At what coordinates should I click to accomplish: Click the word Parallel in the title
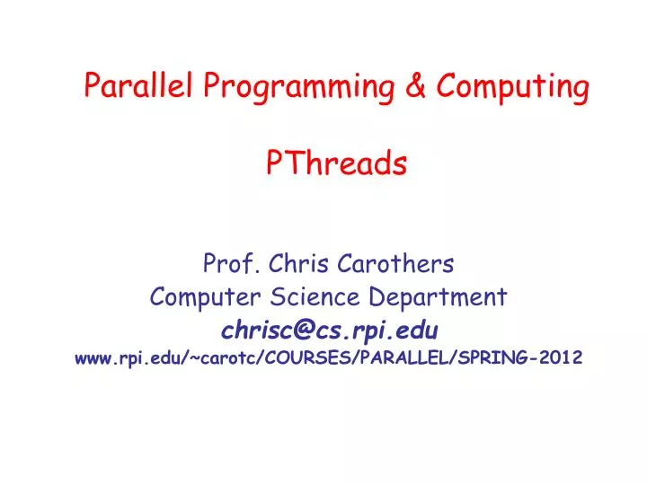click(139, 86)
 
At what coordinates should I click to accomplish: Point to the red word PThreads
click(337, 163)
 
